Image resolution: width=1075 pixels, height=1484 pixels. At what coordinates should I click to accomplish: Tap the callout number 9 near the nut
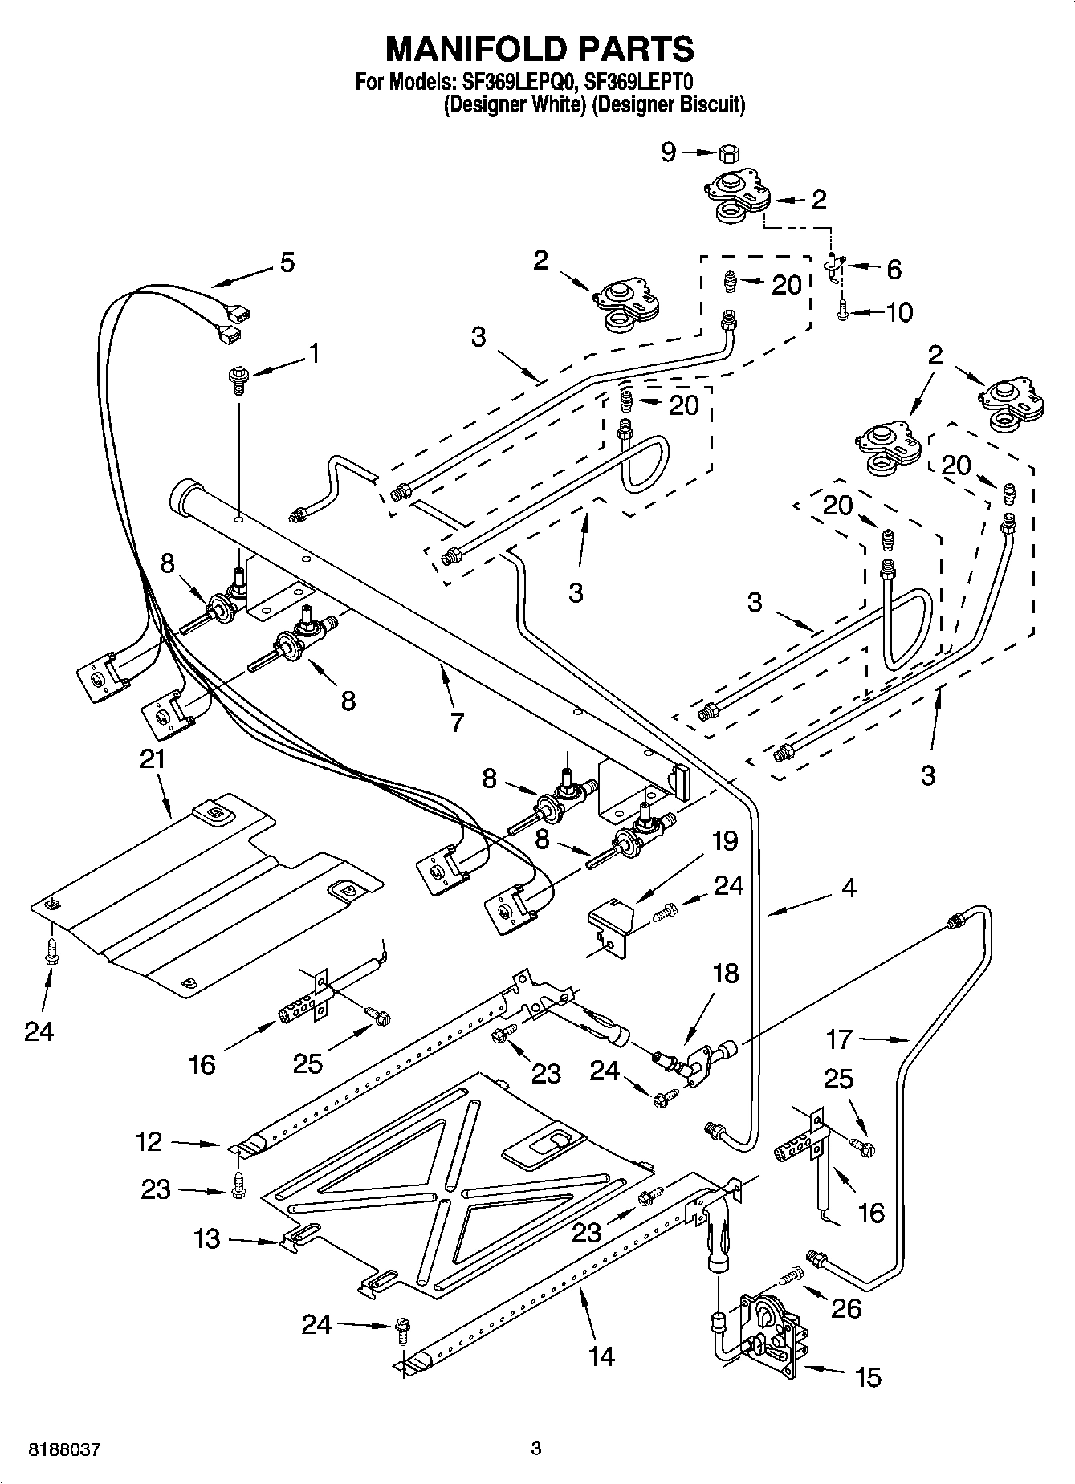point(669,152)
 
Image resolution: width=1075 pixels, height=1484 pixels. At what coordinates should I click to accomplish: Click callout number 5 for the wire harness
point(286,262)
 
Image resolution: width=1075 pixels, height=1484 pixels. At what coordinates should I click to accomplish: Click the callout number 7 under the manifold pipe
point(456,722)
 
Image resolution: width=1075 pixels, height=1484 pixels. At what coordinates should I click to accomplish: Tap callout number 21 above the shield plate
point(153,758)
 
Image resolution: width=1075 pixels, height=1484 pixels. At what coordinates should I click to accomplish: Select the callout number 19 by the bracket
point(724,841)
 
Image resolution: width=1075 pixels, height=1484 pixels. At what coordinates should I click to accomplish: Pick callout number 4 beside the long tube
point(849,888)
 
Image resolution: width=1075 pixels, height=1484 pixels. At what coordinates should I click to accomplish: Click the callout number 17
point(839,1040)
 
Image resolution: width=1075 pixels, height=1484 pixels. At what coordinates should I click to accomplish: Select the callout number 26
point(846,1309)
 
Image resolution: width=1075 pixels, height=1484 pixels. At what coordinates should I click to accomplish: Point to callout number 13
point(206,1238)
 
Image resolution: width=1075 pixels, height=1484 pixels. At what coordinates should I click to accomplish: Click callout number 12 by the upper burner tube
point(149,1141)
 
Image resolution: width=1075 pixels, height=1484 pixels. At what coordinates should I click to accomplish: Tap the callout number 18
point(725,973)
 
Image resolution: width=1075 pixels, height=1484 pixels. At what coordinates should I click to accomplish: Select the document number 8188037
point(64,1450)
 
